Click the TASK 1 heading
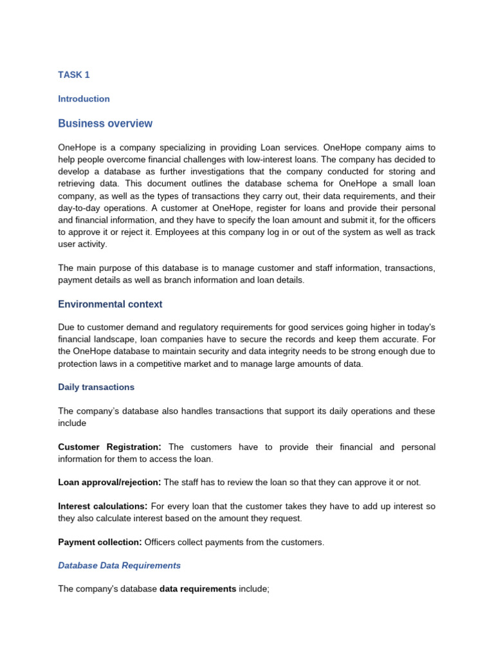[74, 75]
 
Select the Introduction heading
[84, 99]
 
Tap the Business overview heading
[105, 124]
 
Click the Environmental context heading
[110, 304]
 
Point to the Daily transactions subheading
[96, 387]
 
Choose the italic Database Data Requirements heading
[119, 566]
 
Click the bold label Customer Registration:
[110, 447]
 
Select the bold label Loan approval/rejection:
[109, 483]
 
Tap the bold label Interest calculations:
[103, 506]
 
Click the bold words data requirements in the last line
[197, 589]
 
